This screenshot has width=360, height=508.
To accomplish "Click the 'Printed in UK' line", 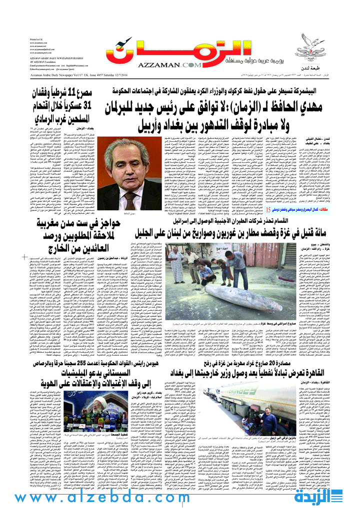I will (36, 38).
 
